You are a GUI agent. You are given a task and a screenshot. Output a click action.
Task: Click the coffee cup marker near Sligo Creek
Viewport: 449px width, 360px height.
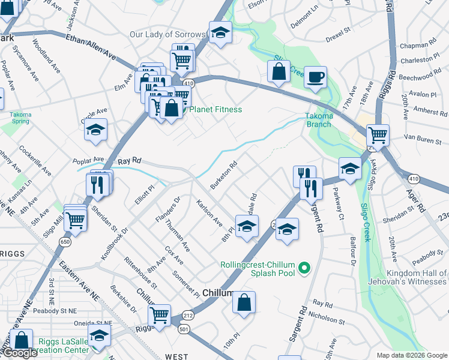[315, 77]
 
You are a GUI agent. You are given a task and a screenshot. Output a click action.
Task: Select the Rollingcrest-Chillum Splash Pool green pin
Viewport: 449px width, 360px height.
[305, 268]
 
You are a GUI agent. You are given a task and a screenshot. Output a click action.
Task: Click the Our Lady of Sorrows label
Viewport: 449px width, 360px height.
[167, 34]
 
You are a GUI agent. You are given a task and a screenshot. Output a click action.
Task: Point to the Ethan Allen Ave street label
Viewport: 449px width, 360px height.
[91, 46]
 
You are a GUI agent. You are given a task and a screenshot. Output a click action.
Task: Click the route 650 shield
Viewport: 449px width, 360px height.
[64, 241]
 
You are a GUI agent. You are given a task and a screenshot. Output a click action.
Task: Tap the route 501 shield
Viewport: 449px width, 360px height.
[183, 329]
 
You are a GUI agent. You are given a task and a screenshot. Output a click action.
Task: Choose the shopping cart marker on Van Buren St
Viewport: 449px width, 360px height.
[378, 134]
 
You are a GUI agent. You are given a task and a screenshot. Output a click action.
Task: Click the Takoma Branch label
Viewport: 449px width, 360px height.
[319, 120]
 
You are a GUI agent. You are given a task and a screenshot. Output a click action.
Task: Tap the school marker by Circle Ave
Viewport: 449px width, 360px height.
[95, 130]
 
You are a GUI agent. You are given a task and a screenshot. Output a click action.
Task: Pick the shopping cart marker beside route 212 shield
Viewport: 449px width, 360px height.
[160, 314]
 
